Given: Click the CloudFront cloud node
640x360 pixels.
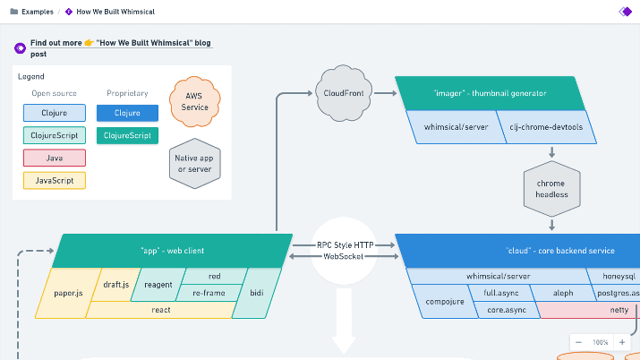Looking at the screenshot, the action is [344, 93].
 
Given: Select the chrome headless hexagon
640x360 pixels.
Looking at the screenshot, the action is [552, 189].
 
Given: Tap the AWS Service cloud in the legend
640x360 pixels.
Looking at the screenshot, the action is [195, 101].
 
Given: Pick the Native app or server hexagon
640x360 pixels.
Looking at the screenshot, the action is [195, 163].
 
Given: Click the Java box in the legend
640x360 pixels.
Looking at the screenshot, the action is [55, 158].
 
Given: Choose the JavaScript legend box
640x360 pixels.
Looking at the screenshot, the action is [55, 180].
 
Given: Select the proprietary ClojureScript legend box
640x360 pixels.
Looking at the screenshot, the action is [127, 135].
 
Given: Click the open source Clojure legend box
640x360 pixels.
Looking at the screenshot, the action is [55, 113].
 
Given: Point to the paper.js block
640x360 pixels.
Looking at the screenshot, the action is [67, 293].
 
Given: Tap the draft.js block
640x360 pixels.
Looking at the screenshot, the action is [116, 285].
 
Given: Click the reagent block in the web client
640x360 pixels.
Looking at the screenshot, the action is [158, 285].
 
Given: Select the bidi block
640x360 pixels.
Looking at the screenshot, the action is [256, 293].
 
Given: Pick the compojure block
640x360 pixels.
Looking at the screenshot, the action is [445, 302].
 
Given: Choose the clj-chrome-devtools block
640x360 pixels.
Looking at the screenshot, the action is [546, 127].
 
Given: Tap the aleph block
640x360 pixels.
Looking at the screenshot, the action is [563, 293].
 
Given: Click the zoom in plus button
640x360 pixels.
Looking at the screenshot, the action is [622, 342].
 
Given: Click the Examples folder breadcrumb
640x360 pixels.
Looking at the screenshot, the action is [31, 12].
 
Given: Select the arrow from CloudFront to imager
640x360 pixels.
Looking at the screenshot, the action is [385, 93].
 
